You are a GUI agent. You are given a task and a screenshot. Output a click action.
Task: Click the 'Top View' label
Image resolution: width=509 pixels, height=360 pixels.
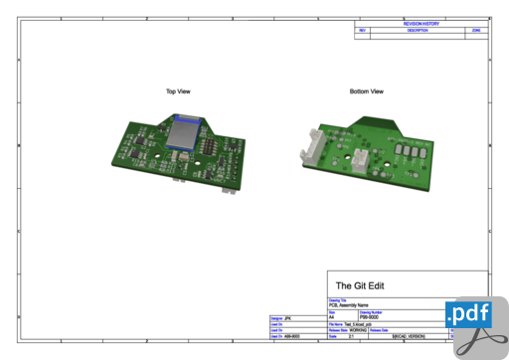pos(178,91)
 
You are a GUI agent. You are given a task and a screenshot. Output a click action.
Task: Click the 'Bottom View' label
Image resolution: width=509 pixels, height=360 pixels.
pos(366,91)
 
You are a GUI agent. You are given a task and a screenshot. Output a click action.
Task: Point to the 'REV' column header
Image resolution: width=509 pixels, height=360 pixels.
pos(363,30)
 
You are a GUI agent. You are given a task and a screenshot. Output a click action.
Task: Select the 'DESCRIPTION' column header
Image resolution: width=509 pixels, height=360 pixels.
pos(418,30)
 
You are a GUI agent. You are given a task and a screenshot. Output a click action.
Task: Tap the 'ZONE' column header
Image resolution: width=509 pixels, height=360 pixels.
pos(477,30)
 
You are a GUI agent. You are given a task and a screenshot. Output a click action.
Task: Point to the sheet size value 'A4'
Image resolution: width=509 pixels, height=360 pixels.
pos(332,317)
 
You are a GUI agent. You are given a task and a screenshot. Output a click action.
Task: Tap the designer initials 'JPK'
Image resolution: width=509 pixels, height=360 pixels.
pos(288,318)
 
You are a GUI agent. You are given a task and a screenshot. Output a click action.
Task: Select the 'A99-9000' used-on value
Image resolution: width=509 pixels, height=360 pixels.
pos(292,337)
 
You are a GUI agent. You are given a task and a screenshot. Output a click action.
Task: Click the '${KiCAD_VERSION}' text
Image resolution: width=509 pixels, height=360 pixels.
pos(414,337)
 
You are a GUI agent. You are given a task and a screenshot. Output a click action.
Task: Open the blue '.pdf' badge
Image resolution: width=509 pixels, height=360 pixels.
pos(468,315)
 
